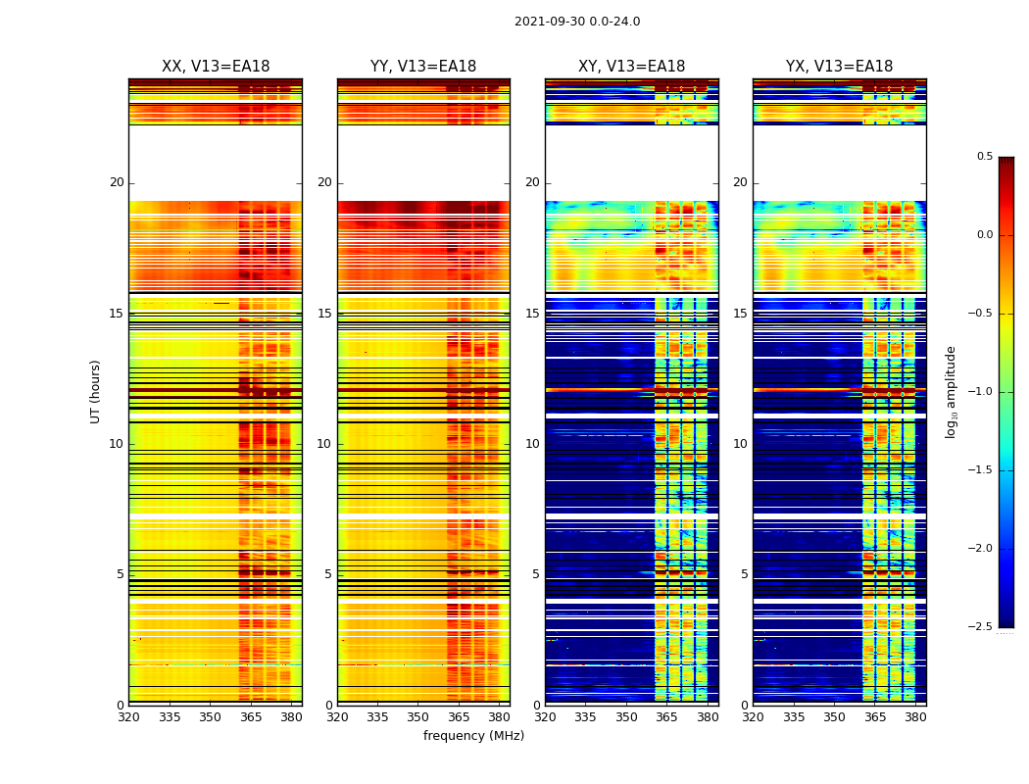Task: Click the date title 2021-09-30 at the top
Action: [577, 22]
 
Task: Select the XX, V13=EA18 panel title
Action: [216, 67]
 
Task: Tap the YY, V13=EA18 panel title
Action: [423, 67]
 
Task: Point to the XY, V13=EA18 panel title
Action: [631, 67]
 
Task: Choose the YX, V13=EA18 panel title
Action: [839, 67]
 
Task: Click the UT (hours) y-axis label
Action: [95, 391]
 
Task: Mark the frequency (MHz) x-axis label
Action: [473, 736]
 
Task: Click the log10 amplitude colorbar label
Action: [951, 391]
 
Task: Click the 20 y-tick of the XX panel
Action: [117, 182]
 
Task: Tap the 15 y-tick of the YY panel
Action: [324, 314]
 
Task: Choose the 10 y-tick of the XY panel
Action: [532, 444]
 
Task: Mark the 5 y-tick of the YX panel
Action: [744, 574]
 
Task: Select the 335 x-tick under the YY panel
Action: [377, 716]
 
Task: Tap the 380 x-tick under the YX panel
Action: [915, 716]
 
